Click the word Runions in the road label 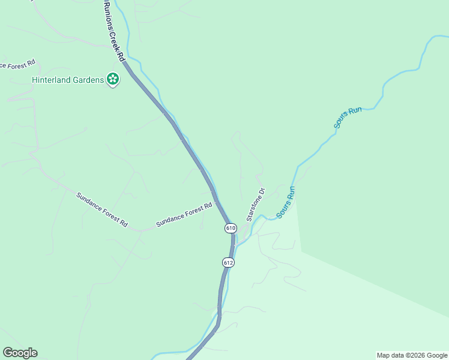coord(107,13)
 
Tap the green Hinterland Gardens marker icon coord(112,79)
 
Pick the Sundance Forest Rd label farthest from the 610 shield coord(102,209)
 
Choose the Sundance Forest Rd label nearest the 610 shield coord(184,214)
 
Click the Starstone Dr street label coord(255,205)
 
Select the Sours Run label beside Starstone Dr coord(286,202)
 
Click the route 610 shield coord(231,228)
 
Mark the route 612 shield coord(228,263)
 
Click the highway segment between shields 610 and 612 coord(231,246)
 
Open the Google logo coord(20,353)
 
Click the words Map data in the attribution coord(390,355)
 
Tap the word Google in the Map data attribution coord(436,355)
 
